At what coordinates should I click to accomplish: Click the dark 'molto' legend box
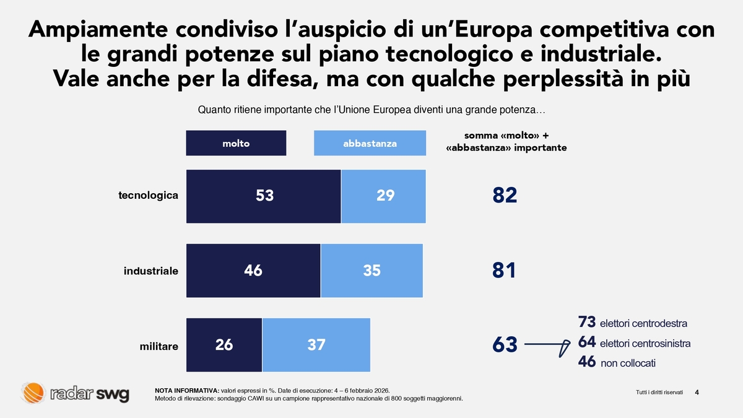[236, 143]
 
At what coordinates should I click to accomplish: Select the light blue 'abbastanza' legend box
[370, 143]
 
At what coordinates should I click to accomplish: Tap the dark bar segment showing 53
[264, 196]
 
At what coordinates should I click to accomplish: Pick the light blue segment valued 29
[384, 196]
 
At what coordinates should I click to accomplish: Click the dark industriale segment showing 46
[253, 271]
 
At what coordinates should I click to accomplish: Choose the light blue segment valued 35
[371, 271]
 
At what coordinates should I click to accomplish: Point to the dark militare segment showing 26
[224, 345]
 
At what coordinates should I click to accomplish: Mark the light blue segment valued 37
[316, 345]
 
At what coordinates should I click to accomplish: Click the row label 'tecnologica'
[148, 196]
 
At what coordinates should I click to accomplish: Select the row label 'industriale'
[151, 271]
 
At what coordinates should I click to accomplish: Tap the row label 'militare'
[159, 347]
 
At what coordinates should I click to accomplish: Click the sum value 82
[505, 196]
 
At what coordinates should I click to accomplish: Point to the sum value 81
[505, 271]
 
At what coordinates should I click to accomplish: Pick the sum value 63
[505, 345]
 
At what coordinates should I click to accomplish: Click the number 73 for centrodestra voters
[586, 322]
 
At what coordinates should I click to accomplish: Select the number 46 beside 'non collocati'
[586, 362]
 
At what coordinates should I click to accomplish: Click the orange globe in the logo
[32, 393]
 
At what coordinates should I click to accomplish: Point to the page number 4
[697, 392]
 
